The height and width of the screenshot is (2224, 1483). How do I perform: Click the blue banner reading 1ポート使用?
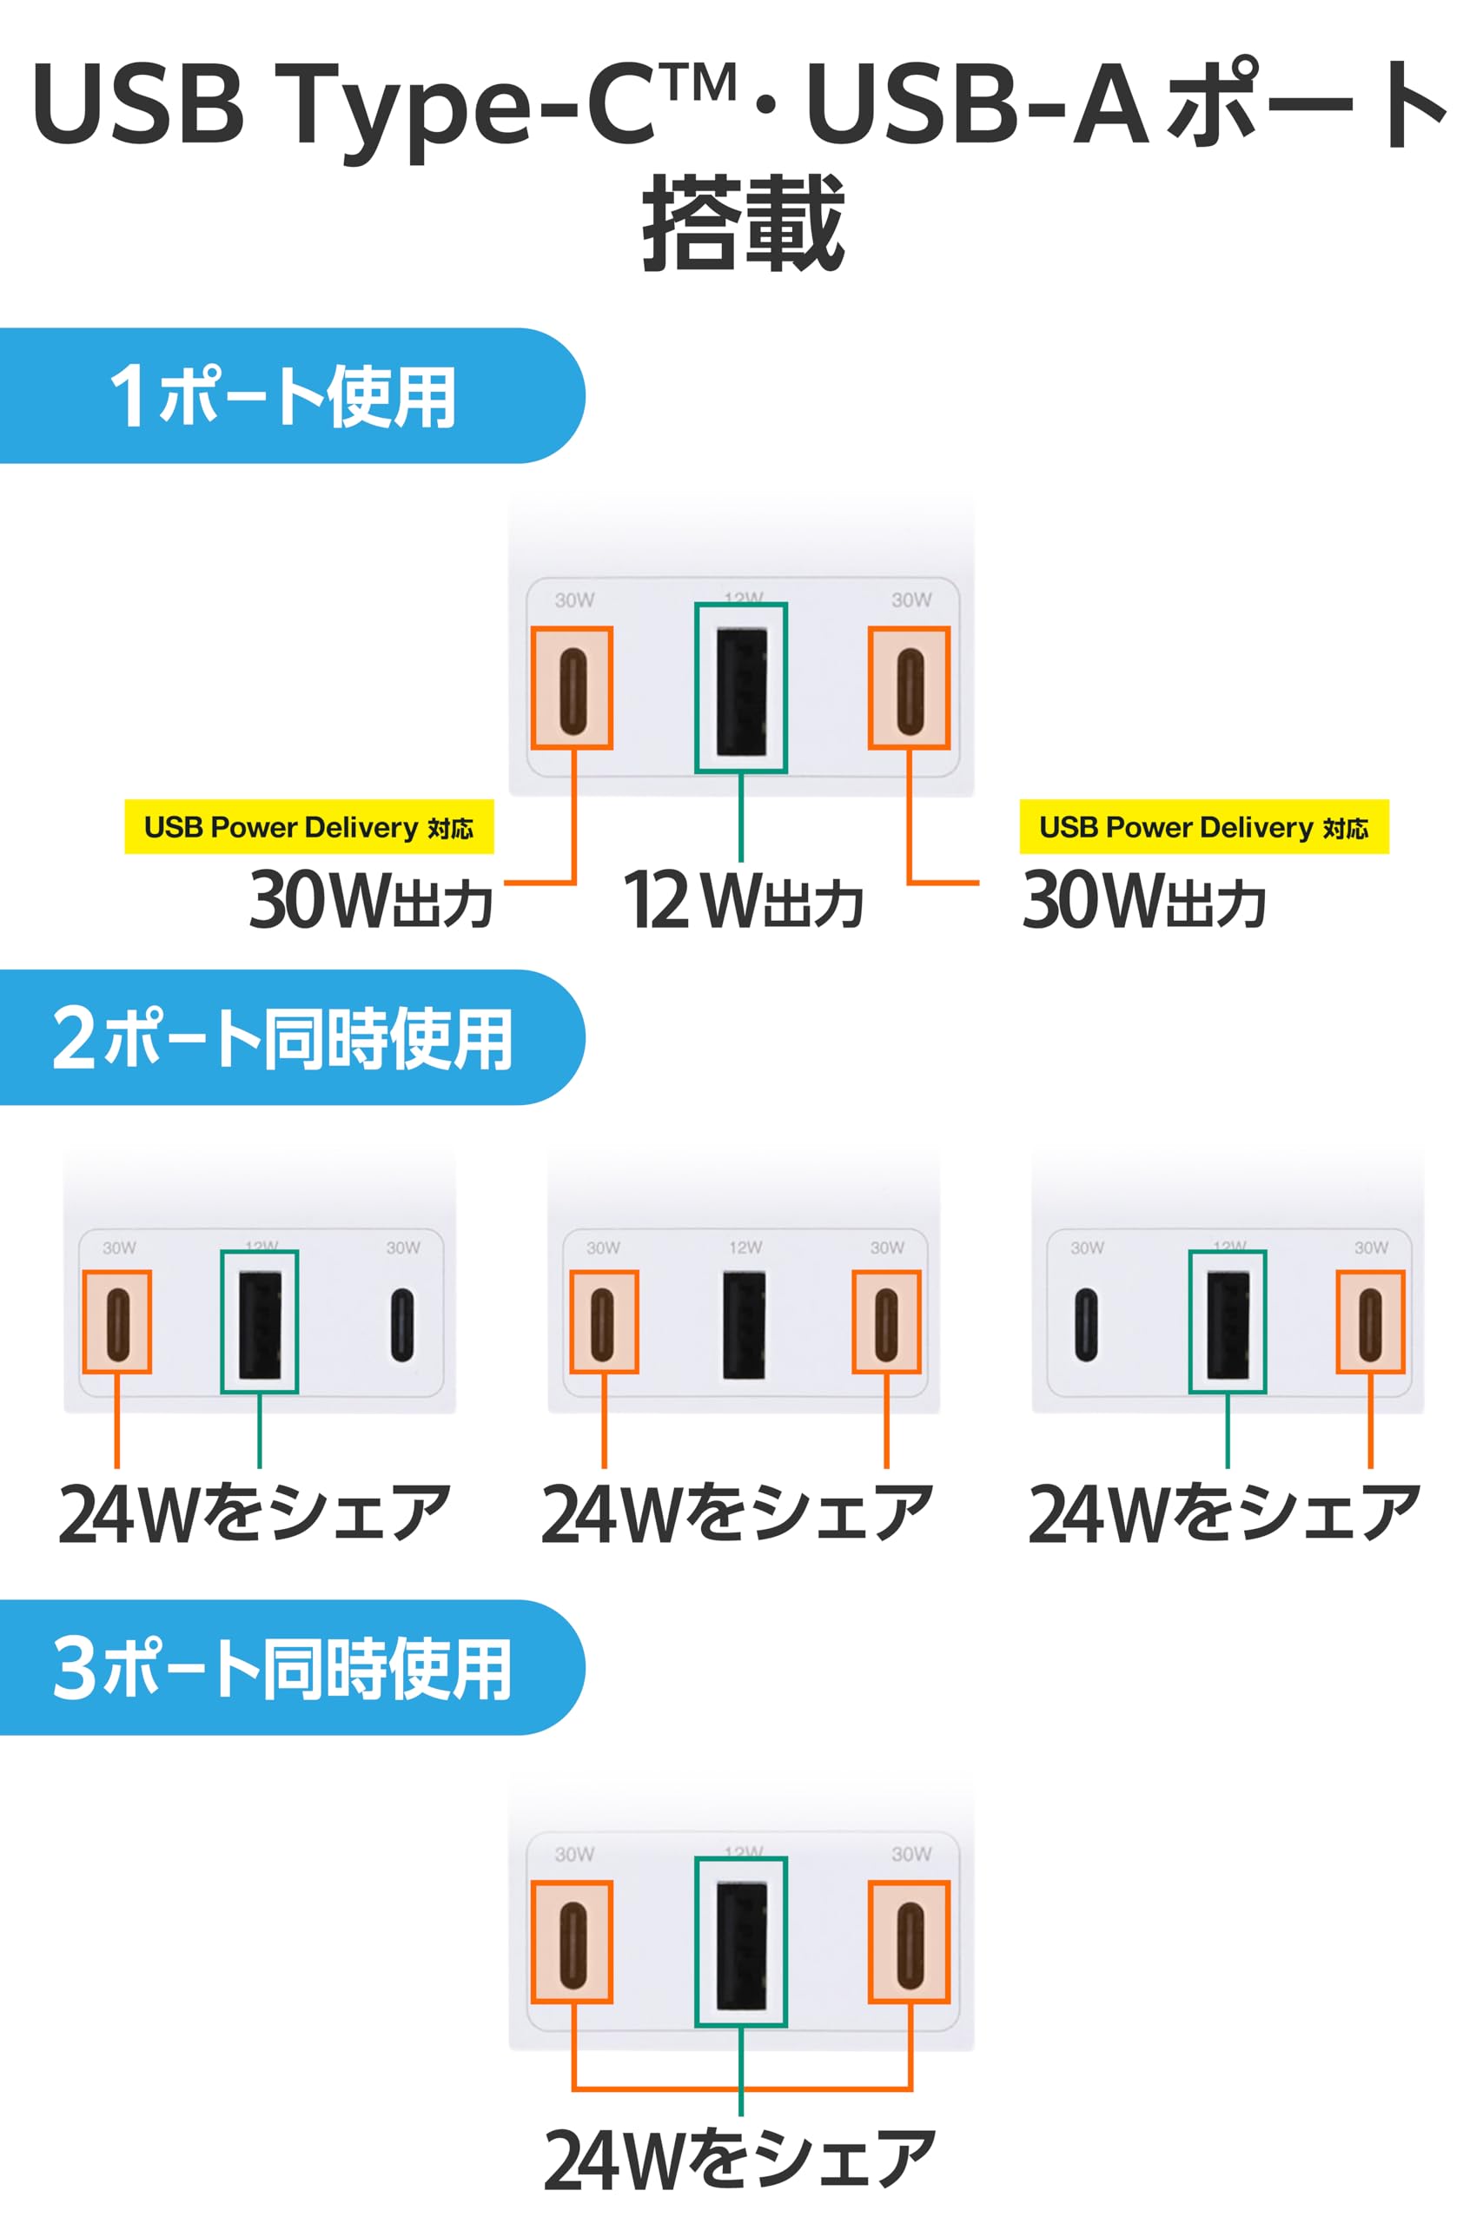coord(284,395)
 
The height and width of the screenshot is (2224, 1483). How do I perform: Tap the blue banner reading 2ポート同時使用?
coord(284,1037)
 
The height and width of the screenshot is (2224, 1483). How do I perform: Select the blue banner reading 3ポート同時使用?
coord(284,1668)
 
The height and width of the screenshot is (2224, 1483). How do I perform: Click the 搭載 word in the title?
coord(743,223)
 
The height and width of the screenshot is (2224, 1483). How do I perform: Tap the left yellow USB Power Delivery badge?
coord(308,827)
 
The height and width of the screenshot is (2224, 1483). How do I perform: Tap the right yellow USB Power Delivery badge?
coord(1203,827)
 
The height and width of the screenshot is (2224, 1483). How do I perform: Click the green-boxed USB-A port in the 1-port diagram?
coord(740,688)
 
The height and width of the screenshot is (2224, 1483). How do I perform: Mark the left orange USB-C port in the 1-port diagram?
coord(573,688)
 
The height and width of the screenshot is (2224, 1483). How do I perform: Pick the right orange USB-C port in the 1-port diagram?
coord(909,688)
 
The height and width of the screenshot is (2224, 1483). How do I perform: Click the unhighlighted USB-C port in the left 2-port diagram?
coord(402,1324)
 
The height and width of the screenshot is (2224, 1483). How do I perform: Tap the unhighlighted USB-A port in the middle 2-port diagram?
coord(745,1324)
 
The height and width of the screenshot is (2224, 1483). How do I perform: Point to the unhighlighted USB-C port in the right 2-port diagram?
coord(1086,1324)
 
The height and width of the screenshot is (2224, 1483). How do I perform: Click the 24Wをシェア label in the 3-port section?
coord(739,2159)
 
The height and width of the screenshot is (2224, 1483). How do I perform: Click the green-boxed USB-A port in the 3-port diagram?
coord(740,1943)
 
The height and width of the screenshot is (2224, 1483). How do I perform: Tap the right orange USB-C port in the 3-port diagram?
coord(909,1943)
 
